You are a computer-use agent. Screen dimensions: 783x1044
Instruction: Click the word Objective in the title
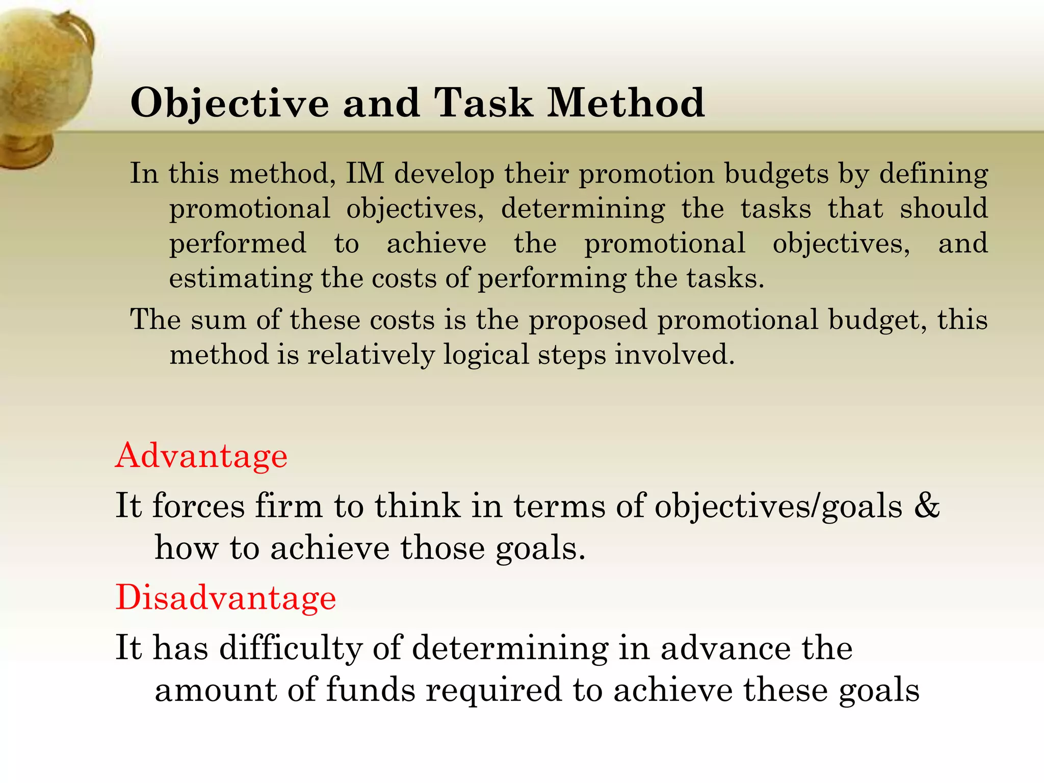pos(230,104)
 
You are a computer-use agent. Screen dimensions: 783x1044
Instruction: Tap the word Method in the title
pos(626,103)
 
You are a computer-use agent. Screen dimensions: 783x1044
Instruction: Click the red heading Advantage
pos(201,455)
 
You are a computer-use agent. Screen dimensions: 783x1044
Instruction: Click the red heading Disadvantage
pos(226,597)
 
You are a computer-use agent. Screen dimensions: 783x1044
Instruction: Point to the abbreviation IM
pos(364,173)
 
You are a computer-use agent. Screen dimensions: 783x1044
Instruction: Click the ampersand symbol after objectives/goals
pos(927,506)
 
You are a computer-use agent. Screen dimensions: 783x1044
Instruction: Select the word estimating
pos(240,279)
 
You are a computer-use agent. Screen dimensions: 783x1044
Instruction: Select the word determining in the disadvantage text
pos(510,649)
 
